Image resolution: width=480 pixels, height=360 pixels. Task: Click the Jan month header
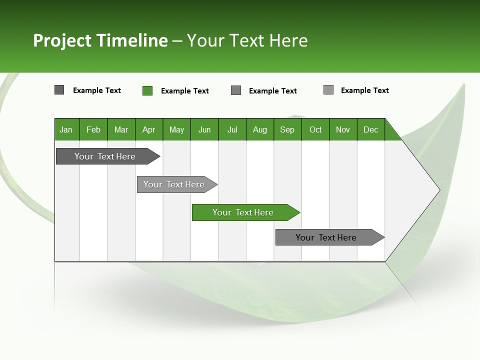tap(66, 129)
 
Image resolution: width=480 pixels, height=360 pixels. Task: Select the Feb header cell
tap(93, 129)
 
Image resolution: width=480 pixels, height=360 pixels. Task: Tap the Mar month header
tap(121, 129)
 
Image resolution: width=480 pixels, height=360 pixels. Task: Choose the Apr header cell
tap(149, 129)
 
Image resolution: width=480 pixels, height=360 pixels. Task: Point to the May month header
tap(176, 129)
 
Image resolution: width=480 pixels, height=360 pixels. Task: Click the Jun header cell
tap(204, 129)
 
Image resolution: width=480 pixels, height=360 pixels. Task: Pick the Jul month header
tap(232, 129)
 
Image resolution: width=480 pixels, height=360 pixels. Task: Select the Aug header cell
tap(260, 129)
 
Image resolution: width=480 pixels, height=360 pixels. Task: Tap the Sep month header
tap(287, 129)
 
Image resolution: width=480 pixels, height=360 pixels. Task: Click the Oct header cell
tap(315, 129)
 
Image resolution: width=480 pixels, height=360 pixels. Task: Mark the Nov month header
tap(343, 129)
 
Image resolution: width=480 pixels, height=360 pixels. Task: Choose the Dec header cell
tap(371, 129)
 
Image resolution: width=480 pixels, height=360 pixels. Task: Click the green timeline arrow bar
tap(245, 212)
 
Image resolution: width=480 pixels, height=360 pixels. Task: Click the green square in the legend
tap(147, 90)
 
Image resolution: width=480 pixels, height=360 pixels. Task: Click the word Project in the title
tap(62, 40)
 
